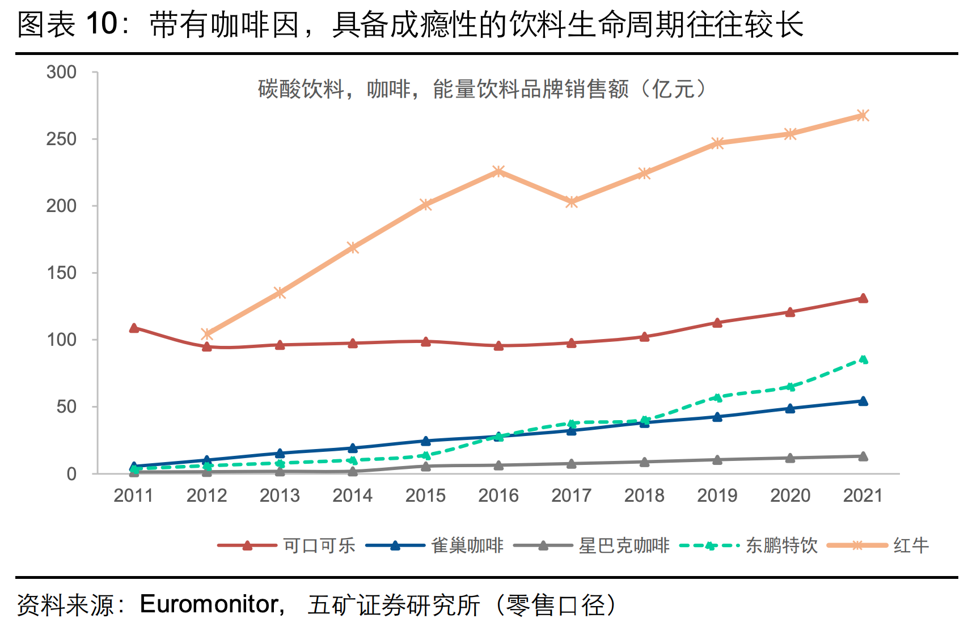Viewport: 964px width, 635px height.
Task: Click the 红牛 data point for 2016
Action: (x=498, y=171)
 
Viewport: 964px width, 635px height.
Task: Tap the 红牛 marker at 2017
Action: (x=572, y=202)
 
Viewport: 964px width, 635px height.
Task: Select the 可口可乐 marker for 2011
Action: (x=134, y=328)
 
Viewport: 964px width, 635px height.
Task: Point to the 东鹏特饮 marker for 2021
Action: (x=863, y=359)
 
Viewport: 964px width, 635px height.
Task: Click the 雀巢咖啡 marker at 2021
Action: (x=863, y=401)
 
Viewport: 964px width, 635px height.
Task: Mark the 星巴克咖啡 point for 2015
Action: (x=426, y=466)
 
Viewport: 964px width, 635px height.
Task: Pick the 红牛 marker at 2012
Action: (x=207, y=334)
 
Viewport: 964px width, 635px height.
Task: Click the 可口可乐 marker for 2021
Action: (x=863, y=298)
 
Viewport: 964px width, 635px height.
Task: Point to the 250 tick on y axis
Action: (x=61, y=139)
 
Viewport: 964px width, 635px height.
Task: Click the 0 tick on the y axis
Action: (x=71, y=473)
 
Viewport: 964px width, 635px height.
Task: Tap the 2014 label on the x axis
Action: (x=353, y=496)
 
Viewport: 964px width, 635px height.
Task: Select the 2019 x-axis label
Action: (x=717, y=496)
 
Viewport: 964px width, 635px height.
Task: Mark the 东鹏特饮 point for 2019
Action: (x=717, y=397)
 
